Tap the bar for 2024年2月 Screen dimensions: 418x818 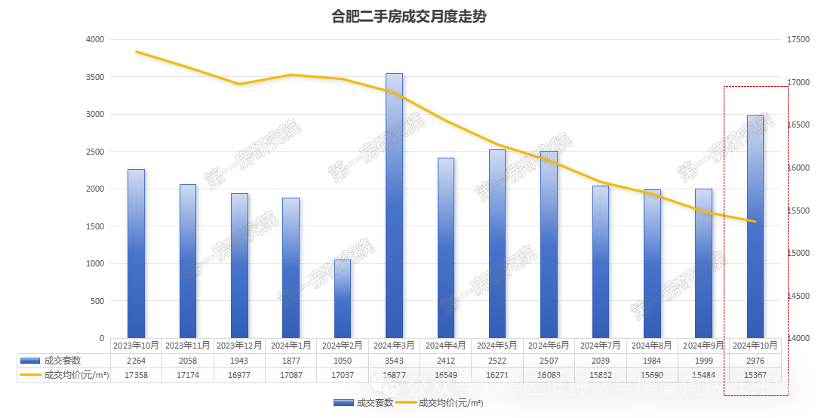coord(343,299)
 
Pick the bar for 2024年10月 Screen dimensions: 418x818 coord(755,226)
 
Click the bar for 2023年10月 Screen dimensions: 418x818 coord(136,254)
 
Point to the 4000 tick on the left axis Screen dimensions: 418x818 coord(95,39)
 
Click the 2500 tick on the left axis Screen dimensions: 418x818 coord(95,152)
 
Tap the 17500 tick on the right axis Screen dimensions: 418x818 coord(797,39)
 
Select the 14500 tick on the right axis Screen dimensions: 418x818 coord(797,296)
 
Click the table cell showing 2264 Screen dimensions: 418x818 coord(136,361)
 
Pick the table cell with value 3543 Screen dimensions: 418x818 coord(394,361)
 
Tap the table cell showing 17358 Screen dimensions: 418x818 coord(136,374)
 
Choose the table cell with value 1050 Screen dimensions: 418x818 coord(343,361)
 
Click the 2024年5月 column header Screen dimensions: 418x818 coord(497,346)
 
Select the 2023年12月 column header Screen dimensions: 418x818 coord(239,346)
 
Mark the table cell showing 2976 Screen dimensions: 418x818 coord(755,361)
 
